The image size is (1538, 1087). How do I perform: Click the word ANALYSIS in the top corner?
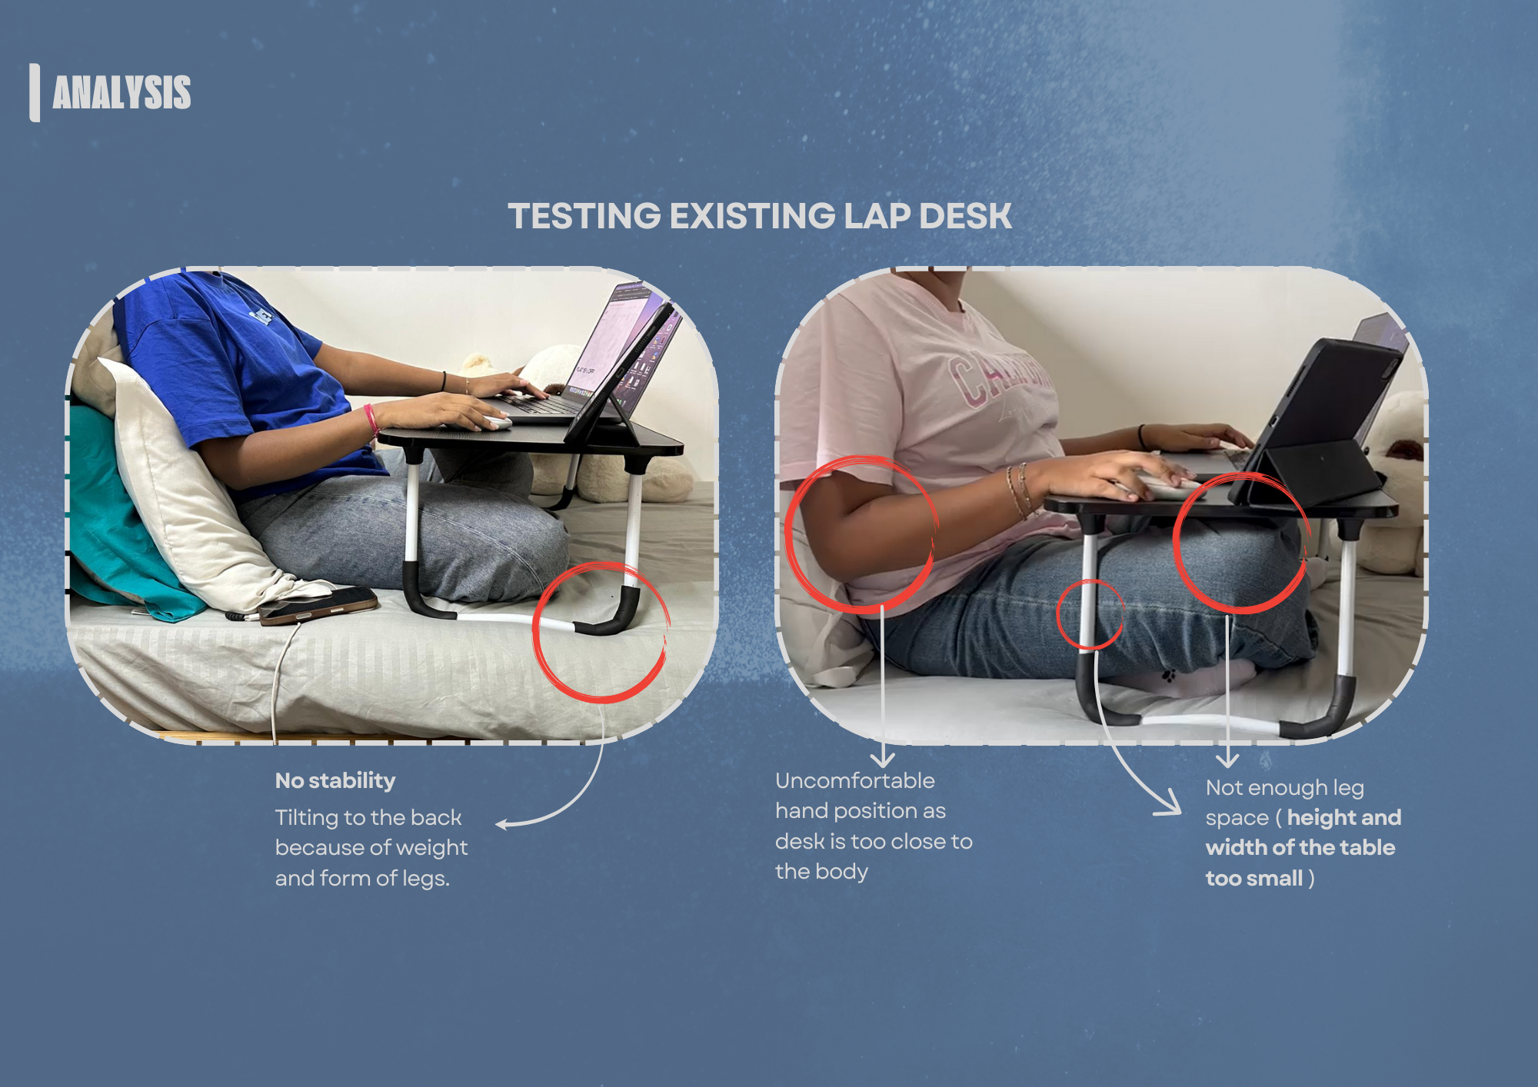(x=122, y=93)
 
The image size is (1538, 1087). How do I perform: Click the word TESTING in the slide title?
(x=584, y=216)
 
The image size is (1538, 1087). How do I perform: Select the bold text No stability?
(x=335, y=781)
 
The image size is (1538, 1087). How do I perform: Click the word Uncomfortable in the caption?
(x=854, y=781)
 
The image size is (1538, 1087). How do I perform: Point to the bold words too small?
(x=1254, y=879)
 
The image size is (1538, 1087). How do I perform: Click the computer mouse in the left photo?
(x=496, y=422)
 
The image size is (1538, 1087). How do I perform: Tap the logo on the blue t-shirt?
(x=261, y=316)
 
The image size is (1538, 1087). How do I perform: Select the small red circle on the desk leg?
(x=1090, y=614)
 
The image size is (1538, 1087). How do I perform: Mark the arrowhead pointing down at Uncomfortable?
(x=882, y=760)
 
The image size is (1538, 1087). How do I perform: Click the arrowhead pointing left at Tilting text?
(x=501, y=825)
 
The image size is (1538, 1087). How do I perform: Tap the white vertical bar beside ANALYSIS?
(x=35, y=92)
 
